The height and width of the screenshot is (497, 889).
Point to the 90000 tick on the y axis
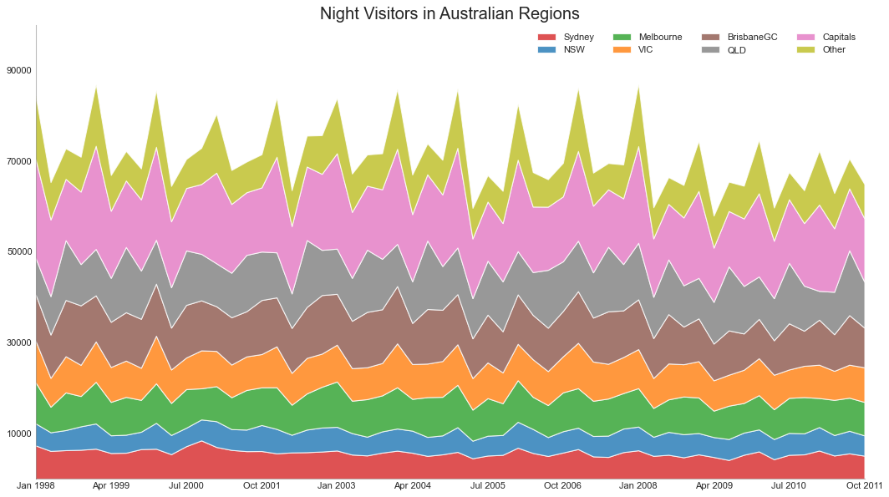click(x=18, y=71)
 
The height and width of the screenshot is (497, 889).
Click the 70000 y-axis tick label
click(x=18, y=161)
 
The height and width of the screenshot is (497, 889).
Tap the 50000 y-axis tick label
click(x=18, y=251)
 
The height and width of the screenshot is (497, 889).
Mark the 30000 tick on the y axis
click(x=18, y=342)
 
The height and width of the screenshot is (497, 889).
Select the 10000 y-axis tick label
click(x=18, y=434)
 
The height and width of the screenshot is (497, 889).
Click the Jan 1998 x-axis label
click(x=36, y=485)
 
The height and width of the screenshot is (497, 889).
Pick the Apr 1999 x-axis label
click(x=111, y=485)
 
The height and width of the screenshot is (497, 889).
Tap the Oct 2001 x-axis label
click(x=262, y=485)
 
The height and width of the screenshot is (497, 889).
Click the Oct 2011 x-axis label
click(x=864, y=485)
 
